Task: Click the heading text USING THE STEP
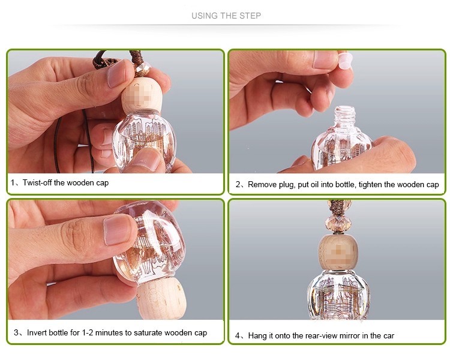coord(226,16)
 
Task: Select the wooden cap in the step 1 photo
coord(142,94)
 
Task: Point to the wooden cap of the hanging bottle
coord(338,252)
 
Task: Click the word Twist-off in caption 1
coord(38,182)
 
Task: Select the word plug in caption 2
coord(287,185)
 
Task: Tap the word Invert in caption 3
coord(37,332)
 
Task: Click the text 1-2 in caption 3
coord(88,333)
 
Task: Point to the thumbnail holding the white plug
coord(325,59)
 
